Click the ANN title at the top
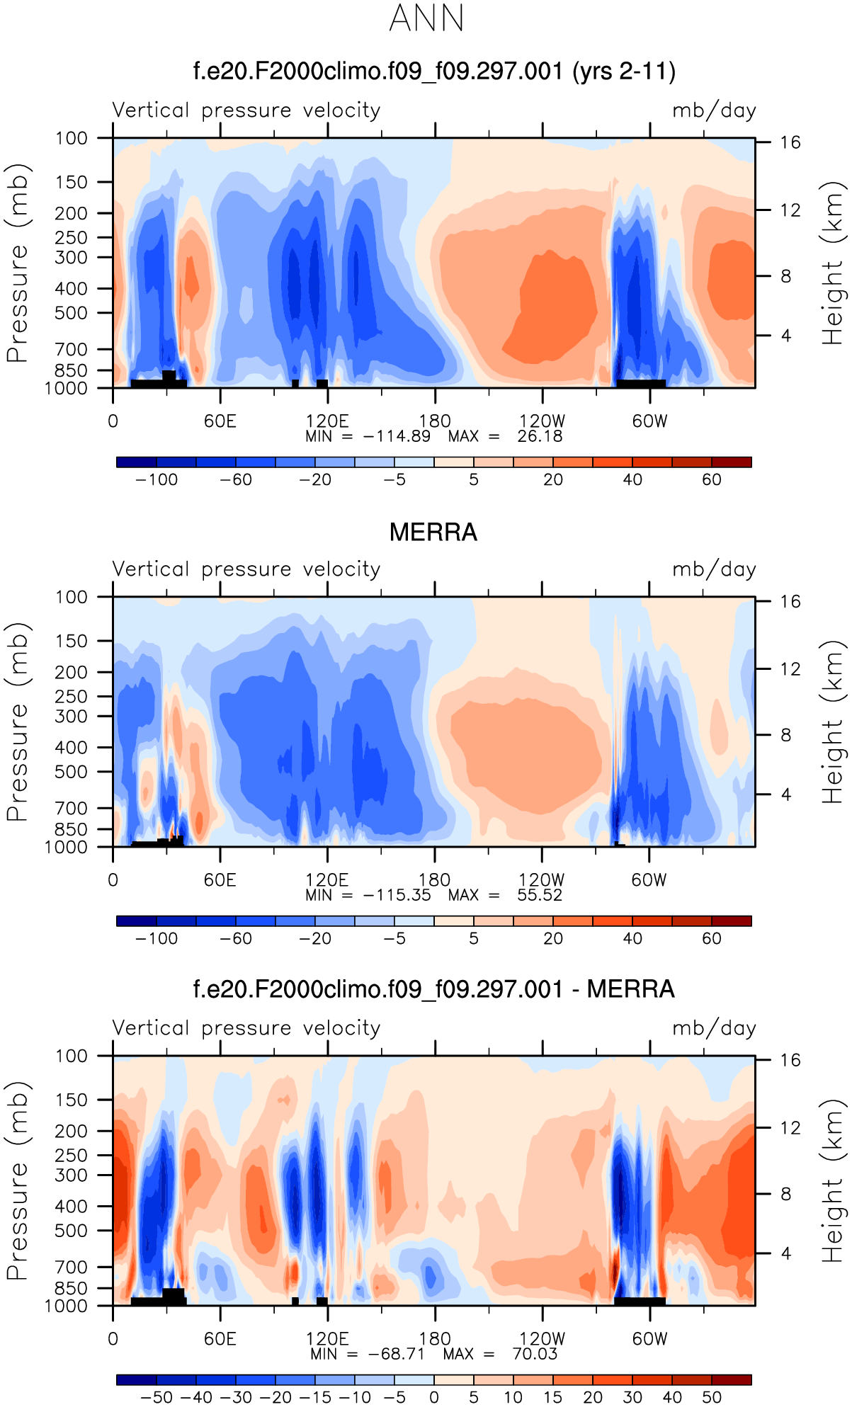click(426, 18)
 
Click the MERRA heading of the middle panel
click(433, 532)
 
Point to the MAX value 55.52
click(540, 895)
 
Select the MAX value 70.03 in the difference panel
click(535, 1354)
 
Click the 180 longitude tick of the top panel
click(435, 421)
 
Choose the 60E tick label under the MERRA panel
click(220, 880)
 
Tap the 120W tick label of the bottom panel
click(542, 1339)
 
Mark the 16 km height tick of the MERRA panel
click(790, 602)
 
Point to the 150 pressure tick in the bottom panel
click(72, 1100)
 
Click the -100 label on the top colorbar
click(157, 480)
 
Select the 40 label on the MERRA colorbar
click(632, 939)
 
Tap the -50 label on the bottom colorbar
click(157, 1398)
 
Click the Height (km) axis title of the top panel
click(833, 263)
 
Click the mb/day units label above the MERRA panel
click(714, 569)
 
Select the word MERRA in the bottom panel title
click(630, 989)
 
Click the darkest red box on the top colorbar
click(732, 462)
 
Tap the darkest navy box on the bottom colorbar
click(136, 1380)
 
